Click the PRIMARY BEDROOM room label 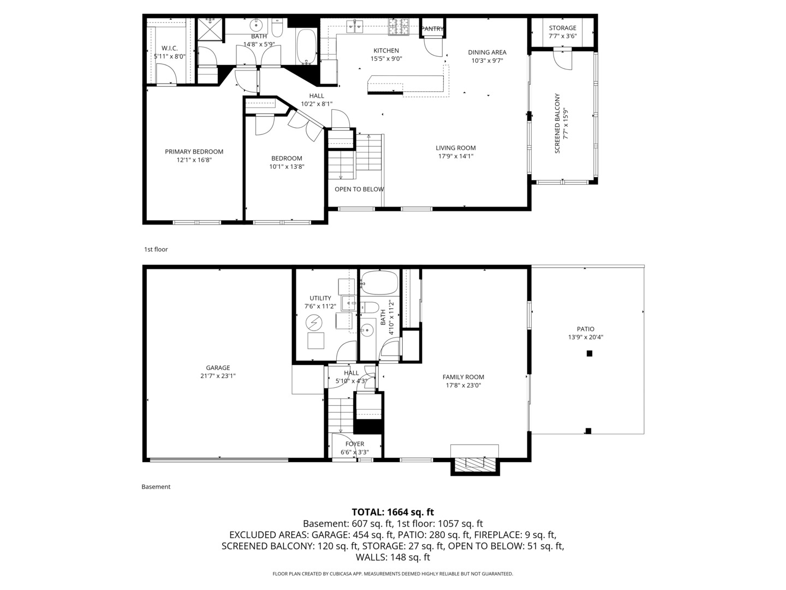pyautogui.click(x=194, y=152)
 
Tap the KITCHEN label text pyautogui.click(x=386, y=51)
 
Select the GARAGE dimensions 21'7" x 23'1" pyautogui.click(x=218, y=376)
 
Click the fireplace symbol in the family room pyautogui.click(x=474, y=464)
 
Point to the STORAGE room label pyautogui.click(x=562, y=28)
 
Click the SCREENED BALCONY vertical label pyautogui.click(x=557, y=123)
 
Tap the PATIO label pyautogui.click(x=585, y=329)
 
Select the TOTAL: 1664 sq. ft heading pyautogui.click(x=392, y=512)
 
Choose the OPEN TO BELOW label pyautogui.click(x=359, y=190)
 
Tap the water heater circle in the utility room pyautogui.click(x=314, y=322)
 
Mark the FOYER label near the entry pyautogui.click(x=354, y=444)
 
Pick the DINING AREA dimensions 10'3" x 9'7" pyautogui.click(x=487, y=61)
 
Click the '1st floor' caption pyautogui.click(x=156, y=249)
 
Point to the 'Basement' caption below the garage pyautogui.click(x=156, y=487)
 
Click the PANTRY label pyautogui.click(x=433, y=29)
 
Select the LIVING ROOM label pyautogui.click(x=455, y=148)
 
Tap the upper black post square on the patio pyautogui.click(x=589, y=353)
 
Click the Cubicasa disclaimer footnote pyautogui.click(x=392, y=574)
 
